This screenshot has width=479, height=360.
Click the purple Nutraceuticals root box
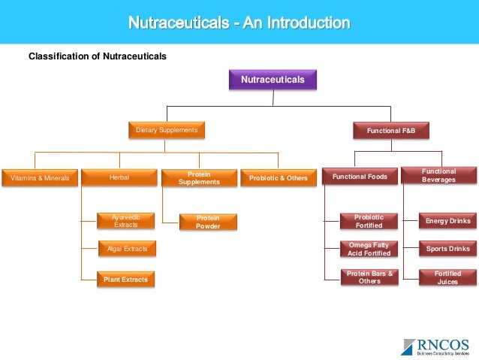(273, 80)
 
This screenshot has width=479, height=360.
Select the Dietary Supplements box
(167, 131)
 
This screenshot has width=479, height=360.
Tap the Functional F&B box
(390, 131)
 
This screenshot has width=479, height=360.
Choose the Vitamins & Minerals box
(40, 178)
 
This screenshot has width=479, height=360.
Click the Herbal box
(119, 178)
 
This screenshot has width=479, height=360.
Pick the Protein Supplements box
(199, 178)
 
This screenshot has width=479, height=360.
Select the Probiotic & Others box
(279, 178)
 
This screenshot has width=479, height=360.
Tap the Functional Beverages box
(438, 176)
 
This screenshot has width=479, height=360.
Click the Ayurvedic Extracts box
(126, 221)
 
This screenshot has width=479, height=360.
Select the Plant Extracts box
(126, 280)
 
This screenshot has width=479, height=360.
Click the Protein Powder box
(208, 222)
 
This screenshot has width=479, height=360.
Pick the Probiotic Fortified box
(369, 221)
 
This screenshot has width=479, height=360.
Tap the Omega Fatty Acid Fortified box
(369, 249)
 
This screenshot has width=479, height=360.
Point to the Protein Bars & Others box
(369, 277)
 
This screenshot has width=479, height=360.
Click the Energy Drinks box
(447, 221)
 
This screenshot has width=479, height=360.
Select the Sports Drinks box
(447, 249)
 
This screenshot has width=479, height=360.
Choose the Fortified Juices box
(447, 277)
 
